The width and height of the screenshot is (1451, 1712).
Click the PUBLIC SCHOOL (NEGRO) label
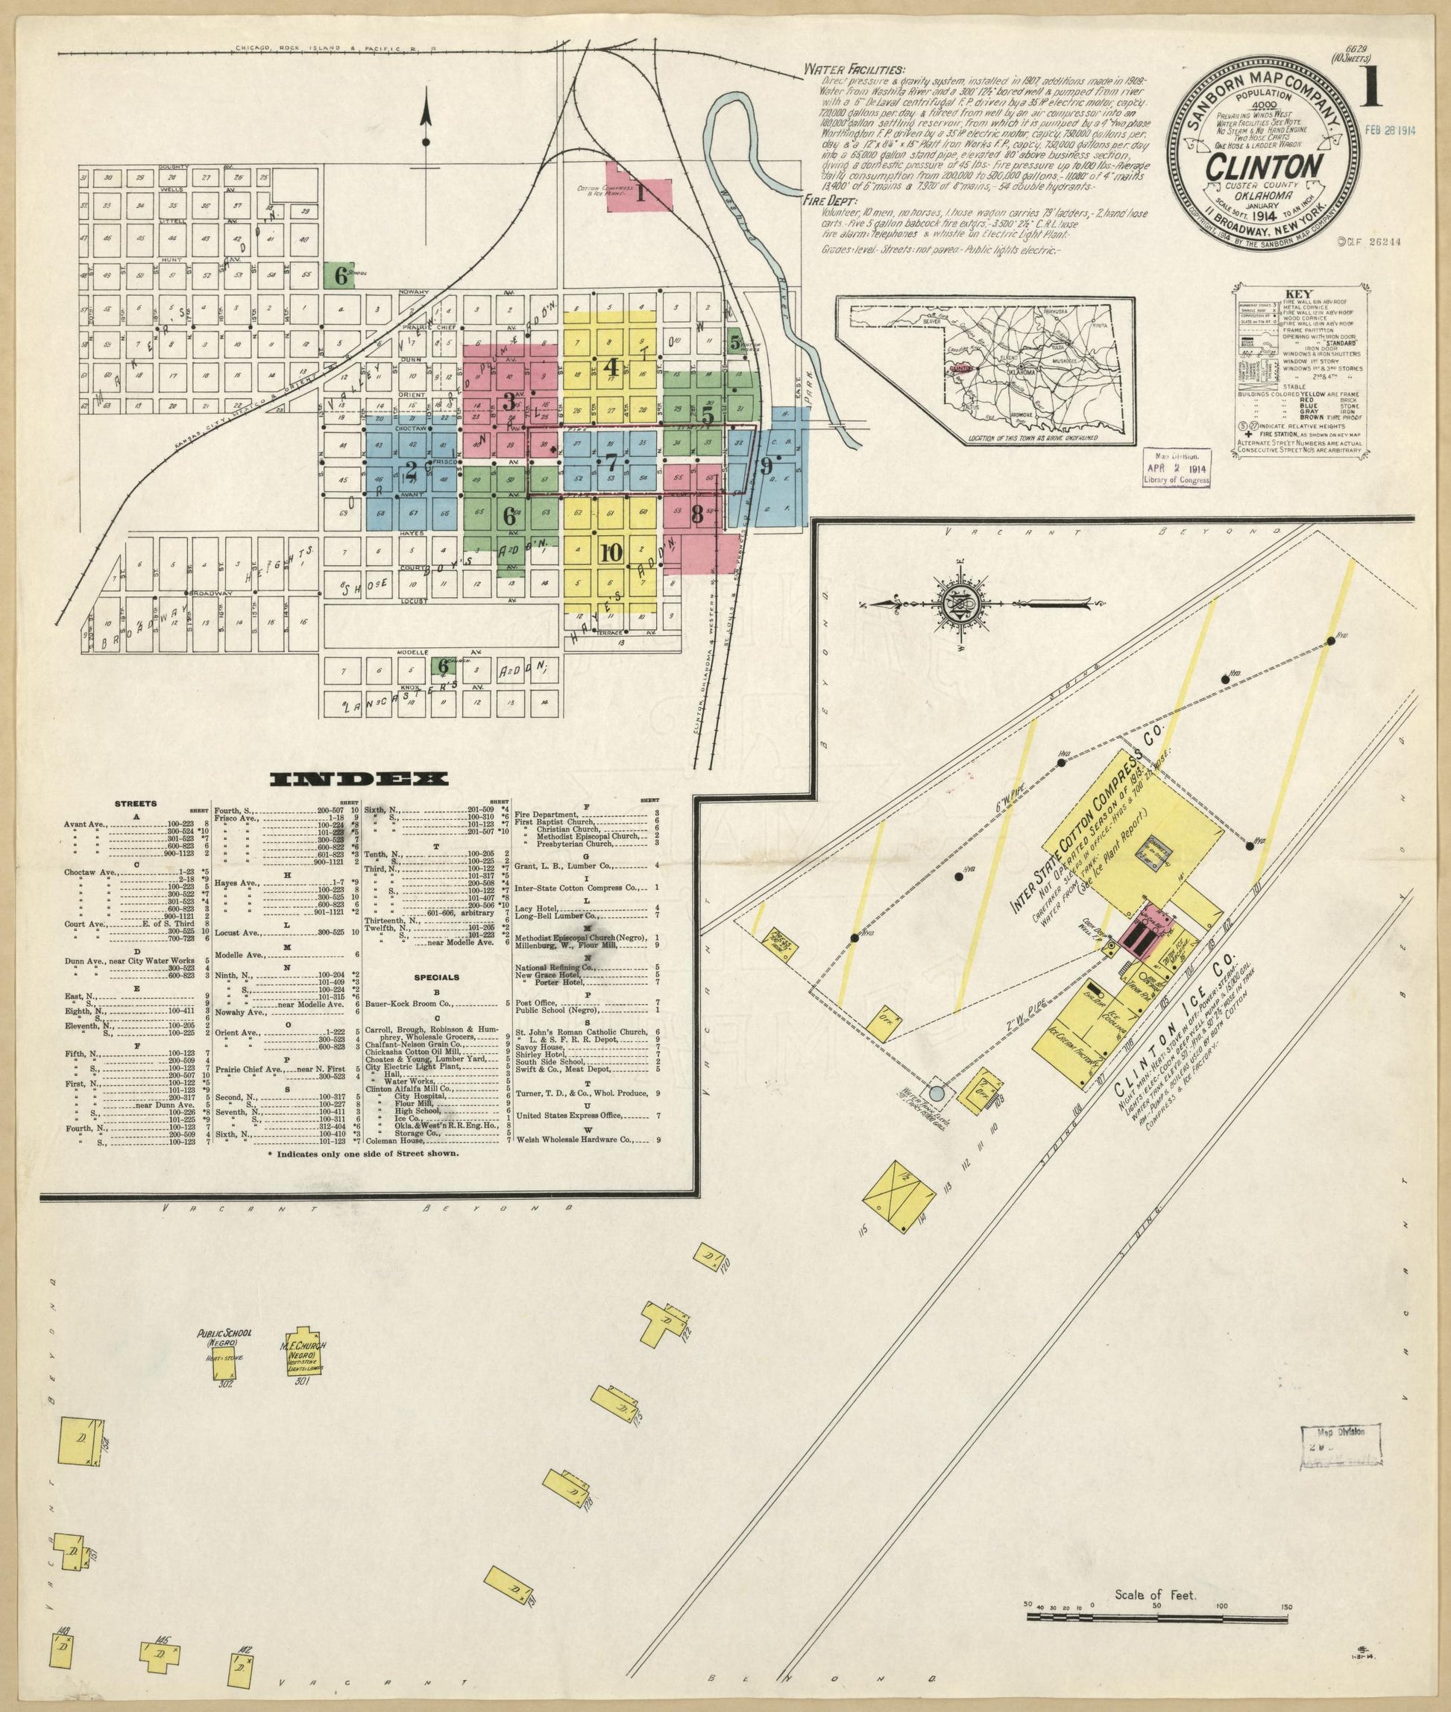[224, 1338]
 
